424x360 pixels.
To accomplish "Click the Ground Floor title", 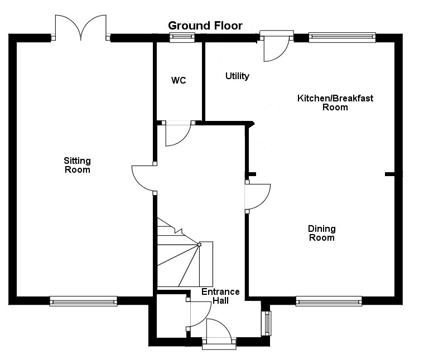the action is pyautogui.click(x=205, y=26).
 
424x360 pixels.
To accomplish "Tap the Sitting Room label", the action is pyautogui.click(x=77, y=166).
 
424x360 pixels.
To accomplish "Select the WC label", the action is pyautogui.click(x=179, y=81).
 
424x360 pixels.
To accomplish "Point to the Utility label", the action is pyautogui.click(x=237, y=76).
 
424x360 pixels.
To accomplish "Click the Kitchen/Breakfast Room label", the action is pyautogui.click(x=335, y=103).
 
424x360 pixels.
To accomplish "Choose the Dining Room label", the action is pyautogui.click(x=322, y=233).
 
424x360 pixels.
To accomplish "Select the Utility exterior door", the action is pyautogui.click(x=276, y=47).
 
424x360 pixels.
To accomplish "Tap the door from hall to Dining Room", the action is pyautogui.click(x=257, y=196).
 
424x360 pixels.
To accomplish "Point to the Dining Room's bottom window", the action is pyautogui.click(x=329, y=301).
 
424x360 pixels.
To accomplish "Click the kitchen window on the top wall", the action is pyautogui.click(x=342, y=38).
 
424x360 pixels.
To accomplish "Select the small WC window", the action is pyautogui.click(x=182, y=38).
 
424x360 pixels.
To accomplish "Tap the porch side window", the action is pyautogui.click(x=267, y=323).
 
